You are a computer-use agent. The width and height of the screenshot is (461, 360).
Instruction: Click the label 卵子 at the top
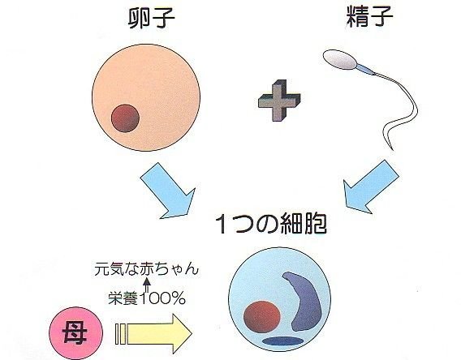pyautogui.click(x=152, y=17)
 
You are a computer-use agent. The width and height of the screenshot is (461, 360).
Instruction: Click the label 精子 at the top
pyautogui.click(x=370, y=16)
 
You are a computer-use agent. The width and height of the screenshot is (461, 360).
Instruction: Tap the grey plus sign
pyautogui.click(x=279, y=100)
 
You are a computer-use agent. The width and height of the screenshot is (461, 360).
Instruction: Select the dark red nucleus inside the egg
pyautogui.click(x=125, y=118)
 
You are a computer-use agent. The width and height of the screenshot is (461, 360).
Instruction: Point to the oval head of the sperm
pyautogui.click(x=340, y=60)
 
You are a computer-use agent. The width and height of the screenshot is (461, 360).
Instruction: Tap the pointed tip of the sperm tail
pyautogui.click(x=393, y=150)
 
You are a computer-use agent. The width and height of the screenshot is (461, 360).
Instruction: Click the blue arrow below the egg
pyautogui.click(x=168, y=191)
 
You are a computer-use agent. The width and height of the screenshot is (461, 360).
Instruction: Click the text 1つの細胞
pyautogui.click(x=271, y=224)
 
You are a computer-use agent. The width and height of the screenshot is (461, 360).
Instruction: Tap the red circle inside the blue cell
pyautogui.click(x=262, y=316)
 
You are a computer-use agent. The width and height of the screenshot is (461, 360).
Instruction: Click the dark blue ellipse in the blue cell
pyautogui.click(x=282, y=341)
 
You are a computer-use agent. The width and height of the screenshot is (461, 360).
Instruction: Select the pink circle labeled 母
pyautogui.click(x=75, y=333)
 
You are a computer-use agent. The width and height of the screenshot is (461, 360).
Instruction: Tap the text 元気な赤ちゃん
pyautogui.click(x=146, y=268)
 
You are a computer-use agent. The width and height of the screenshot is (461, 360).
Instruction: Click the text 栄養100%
pyautogui.click(x=147, y=298)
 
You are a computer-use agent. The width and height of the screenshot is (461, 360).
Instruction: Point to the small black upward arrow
pyautogui.click(x=147, y=285)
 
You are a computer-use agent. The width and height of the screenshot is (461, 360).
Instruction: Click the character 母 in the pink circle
pyautogui.click(x=75, y=333)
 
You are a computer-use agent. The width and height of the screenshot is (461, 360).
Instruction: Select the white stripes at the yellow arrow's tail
pyautogui.click(x=121, y=334)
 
